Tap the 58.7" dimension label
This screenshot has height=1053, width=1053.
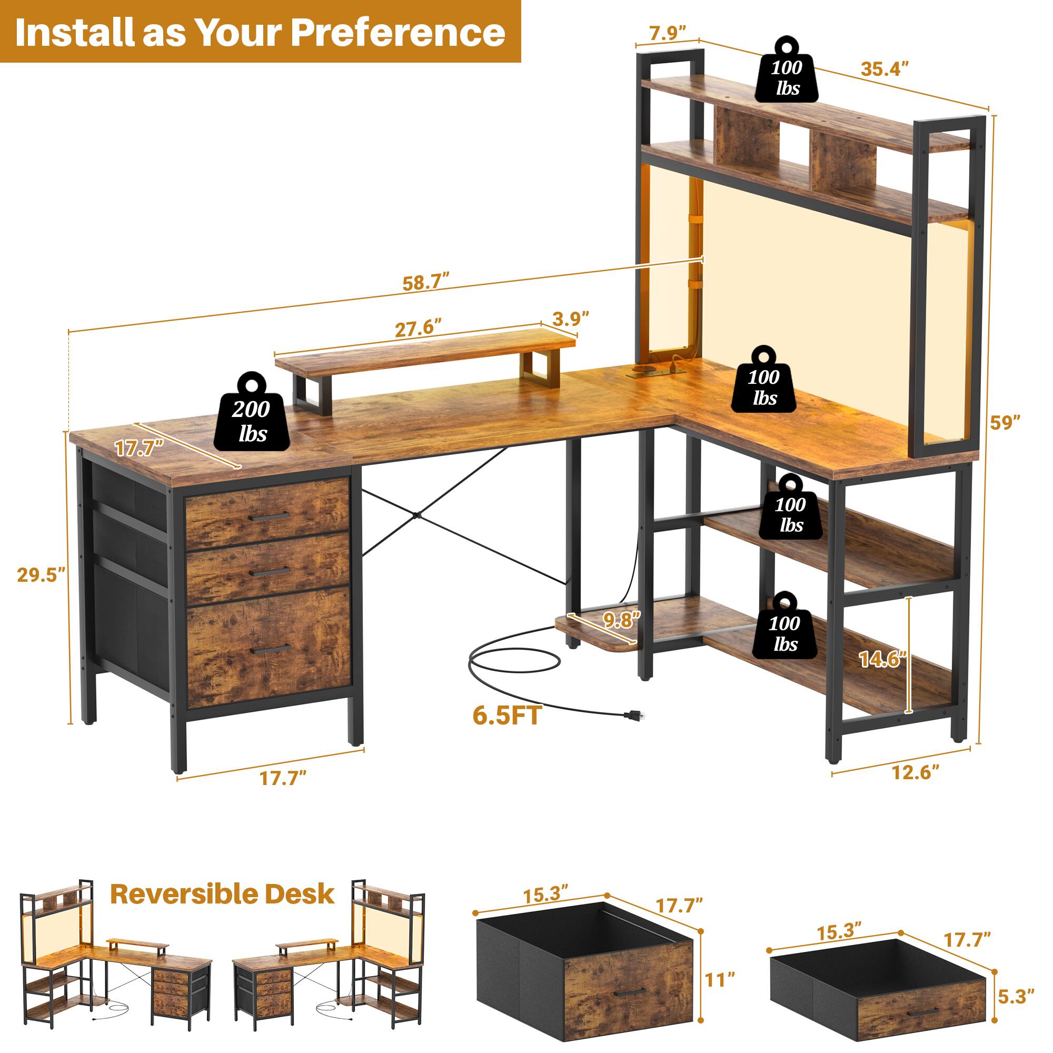click(425, 283)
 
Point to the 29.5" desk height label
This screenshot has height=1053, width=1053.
click(41, 575)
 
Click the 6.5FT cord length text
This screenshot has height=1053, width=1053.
click(508, 716)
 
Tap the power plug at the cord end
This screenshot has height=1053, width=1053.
click(634, 714)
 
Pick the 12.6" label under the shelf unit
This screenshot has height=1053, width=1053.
click(915, 773)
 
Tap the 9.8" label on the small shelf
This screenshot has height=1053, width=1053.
click(621, 620)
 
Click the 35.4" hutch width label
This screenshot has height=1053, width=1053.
click(885, 69)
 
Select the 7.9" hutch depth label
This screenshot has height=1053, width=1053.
click(667, 34)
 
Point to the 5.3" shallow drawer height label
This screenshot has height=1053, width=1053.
click(1017, 997)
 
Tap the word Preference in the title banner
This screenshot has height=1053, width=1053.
click(398, 33)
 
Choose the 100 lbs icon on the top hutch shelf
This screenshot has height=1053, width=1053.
click(786, 77)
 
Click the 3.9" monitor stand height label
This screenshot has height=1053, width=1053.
click(571, 319)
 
